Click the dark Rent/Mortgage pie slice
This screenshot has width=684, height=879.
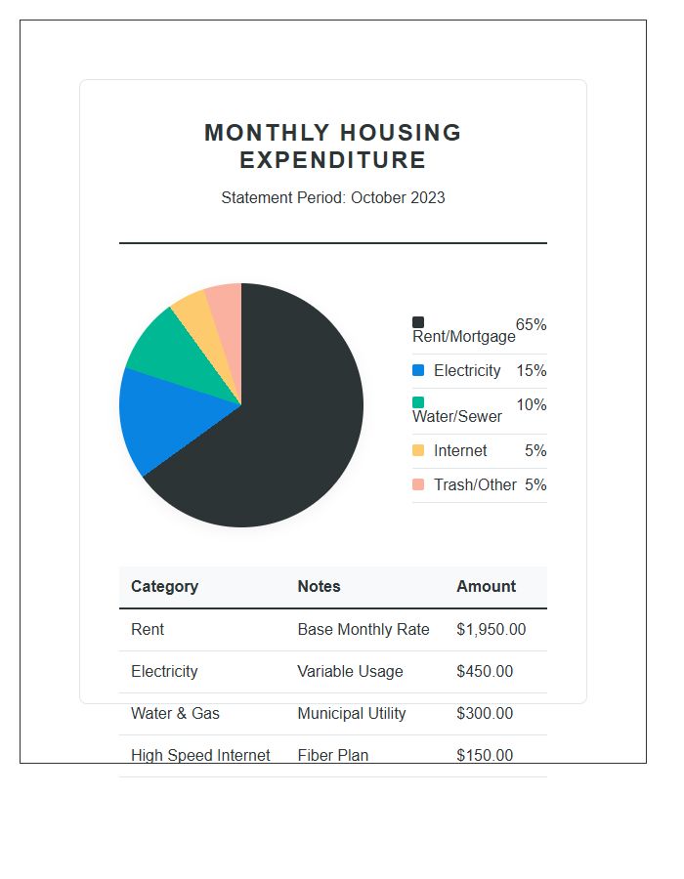coord(293,430)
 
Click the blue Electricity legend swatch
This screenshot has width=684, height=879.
coord(418,371)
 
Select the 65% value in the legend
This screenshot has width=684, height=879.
coord(531,324)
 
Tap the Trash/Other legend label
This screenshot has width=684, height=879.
coord(475,484)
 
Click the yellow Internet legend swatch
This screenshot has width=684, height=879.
coord(418,450)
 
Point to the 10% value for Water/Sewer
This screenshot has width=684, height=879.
coord(531,404)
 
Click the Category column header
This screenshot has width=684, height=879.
coord(164,586)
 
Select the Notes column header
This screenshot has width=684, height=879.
coord(319,586)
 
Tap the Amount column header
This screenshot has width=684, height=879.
coord(486,586)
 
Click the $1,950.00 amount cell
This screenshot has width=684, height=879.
coord(491,629)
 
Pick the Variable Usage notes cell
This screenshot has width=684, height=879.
coord(350,671)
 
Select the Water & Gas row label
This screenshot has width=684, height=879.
coord(175,713)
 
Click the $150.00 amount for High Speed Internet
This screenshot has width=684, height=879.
coord(484,755)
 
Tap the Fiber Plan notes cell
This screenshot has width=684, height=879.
coord(332,755)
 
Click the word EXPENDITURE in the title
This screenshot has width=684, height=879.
coord(332,160)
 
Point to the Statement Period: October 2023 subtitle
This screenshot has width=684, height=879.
coord(332,197)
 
